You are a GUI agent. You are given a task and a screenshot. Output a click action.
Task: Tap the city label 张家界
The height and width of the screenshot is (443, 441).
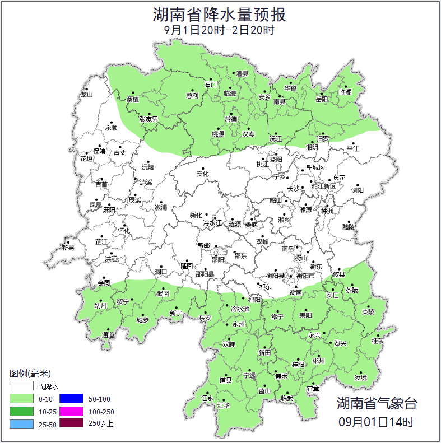click(x=148, y=119)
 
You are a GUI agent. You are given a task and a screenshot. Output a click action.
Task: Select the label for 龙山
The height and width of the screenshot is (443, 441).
click(x=86, y=95)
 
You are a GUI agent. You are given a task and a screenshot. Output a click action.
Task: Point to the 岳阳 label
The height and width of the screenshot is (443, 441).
click(x=321, y=100)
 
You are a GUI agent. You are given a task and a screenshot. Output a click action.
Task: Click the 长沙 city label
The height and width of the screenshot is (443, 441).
click(x=294, y=189)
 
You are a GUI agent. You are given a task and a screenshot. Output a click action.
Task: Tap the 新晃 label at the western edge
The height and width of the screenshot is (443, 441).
click(x=68, y=248)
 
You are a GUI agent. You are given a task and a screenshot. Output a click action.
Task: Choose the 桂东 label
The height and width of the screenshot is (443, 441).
click(x=378, y=341)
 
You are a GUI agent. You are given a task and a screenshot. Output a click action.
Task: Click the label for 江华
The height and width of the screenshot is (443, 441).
click(x=224, y=405)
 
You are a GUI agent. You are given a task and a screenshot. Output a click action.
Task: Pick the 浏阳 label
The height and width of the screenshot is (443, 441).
click(x=357, y=190)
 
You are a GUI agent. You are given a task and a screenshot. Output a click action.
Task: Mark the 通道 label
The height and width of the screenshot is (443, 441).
click(x=108, y=335)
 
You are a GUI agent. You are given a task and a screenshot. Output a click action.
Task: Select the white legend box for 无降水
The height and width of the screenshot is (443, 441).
click(x=22, y=386)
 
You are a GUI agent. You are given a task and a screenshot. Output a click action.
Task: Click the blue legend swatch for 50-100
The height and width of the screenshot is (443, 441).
click(x=71, y=399)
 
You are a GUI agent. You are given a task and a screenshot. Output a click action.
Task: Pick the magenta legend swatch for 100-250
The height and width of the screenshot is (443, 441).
click(x=71, y=412)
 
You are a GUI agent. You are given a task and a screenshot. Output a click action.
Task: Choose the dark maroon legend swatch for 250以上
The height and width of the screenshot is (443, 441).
click(x=71, y=424)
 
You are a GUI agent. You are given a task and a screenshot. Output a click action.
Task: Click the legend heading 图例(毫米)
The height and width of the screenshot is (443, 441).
click(x=30, y=374)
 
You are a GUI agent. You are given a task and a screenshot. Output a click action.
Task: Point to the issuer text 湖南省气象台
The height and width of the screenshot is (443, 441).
click(x=377, y=403)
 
